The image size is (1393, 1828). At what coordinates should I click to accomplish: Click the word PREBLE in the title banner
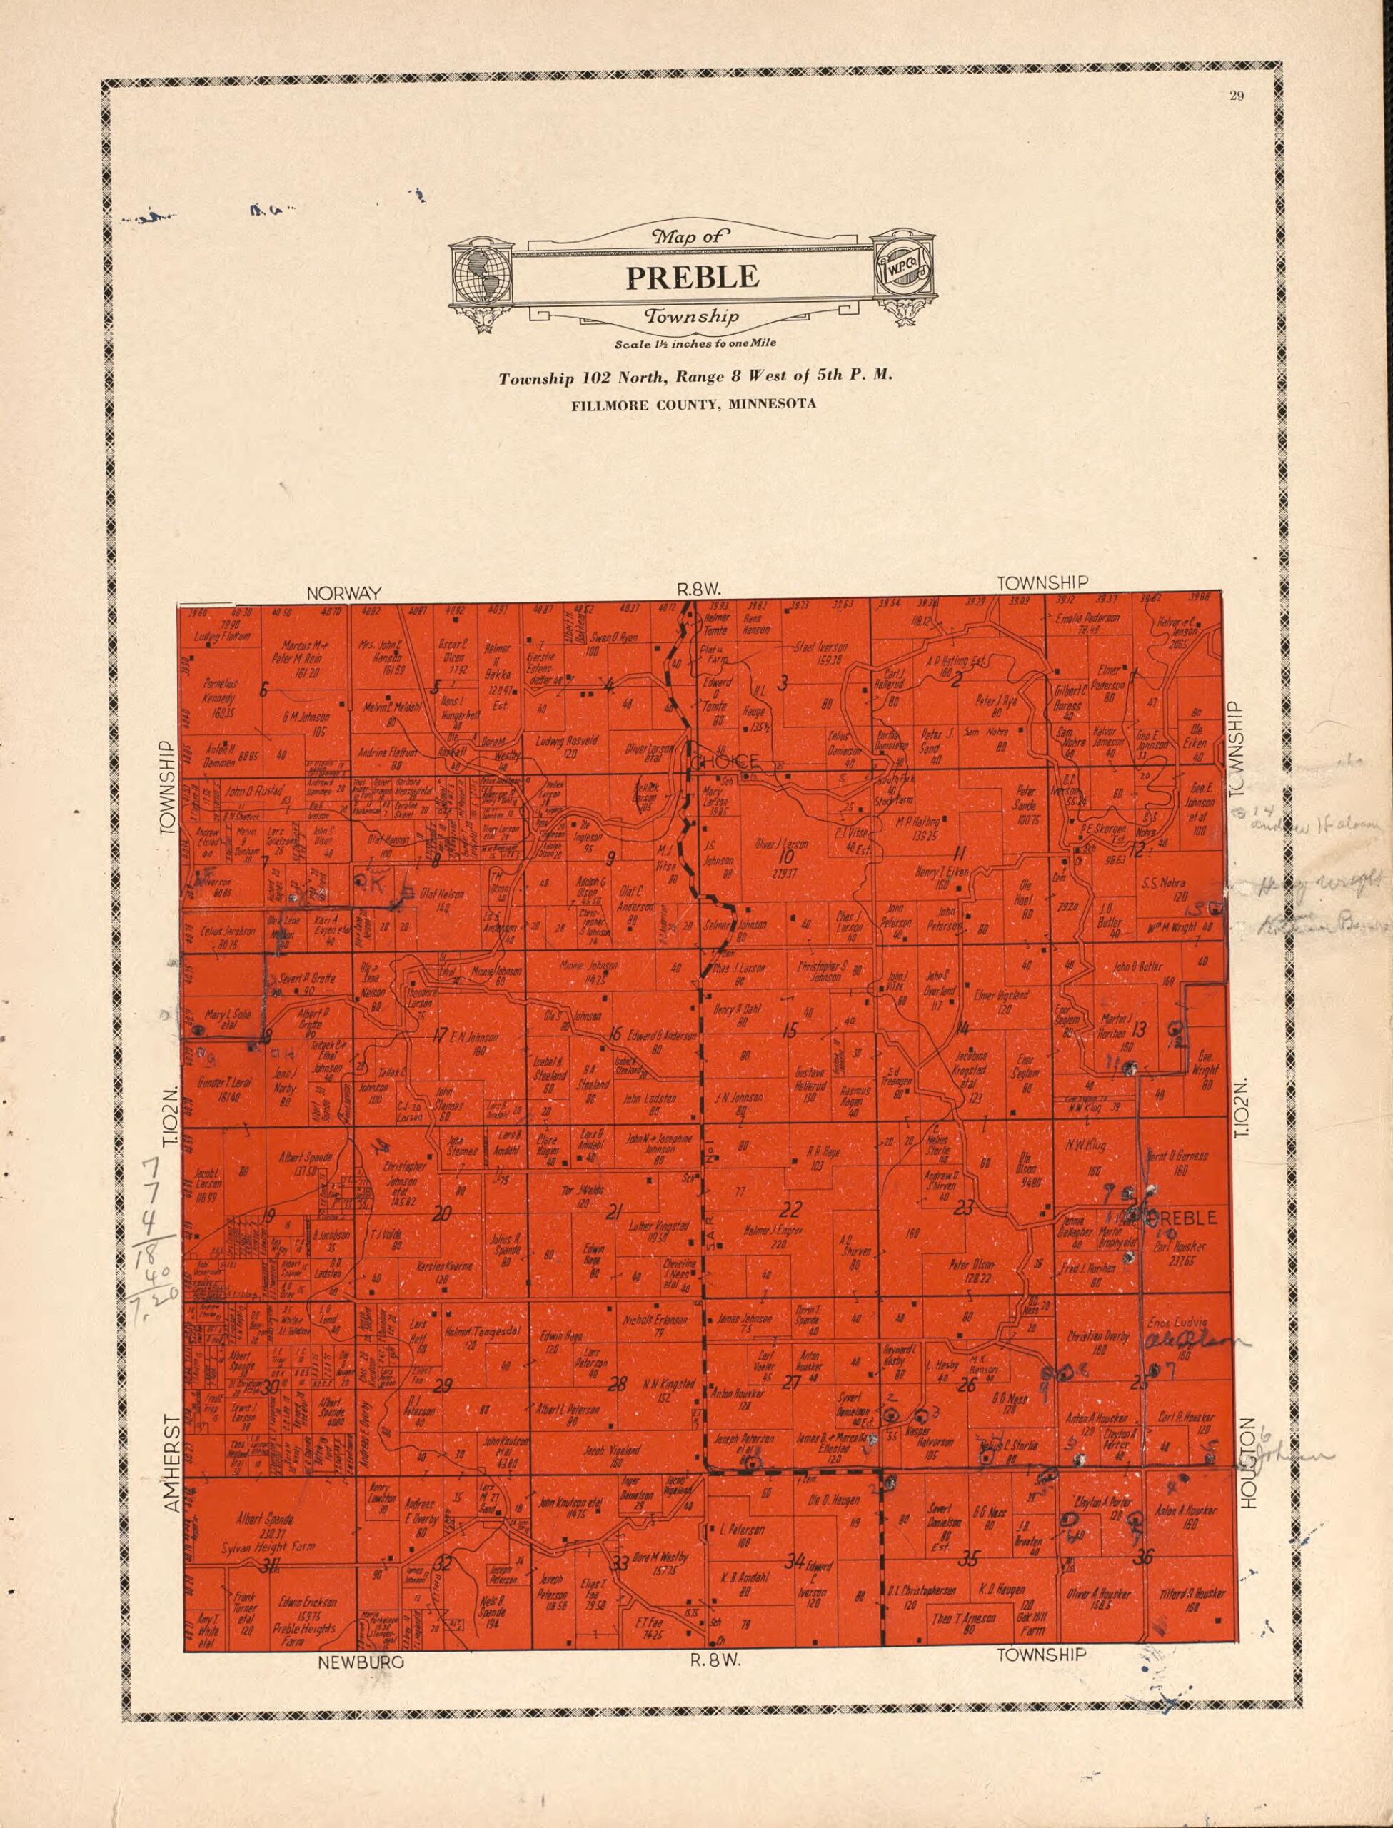693,276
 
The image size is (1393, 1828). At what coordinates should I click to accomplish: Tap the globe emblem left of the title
481,273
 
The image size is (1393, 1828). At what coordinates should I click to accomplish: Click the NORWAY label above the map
344,592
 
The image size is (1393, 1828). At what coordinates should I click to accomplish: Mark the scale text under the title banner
695,343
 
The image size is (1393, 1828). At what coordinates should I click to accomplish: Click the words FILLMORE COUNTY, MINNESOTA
693,404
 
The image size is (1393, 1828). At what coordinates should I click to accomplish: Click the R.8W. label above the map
699,590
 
